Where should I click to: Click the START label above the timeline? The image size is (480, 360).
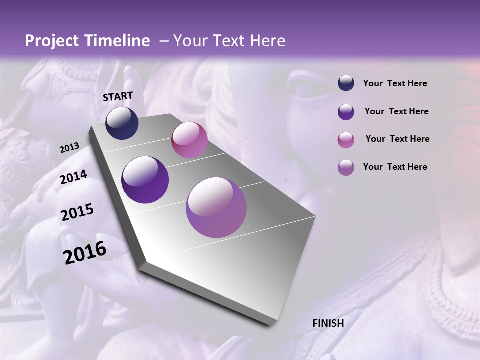pos(118,96)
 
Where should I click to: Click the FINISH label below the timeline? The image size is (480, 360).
pos(328,323)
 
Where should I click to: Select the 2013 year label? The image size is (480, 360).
pos(69,148)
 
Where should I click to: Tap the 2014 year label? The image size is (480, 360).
pos(74,177)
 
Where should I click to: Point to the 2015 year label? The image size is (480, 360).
pos(77,213)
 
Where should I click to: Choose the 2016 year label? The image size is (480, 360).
pos(85,252)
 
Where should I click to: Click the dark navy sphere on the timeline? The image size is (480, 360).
pos(122,123)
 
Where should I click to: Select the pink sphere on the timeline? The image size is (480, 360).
pos(189,140)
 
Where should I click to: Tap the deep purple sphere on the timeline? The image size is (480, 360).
pos(145,180)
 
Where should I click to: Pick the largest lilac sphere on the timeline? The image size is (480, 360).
pos(216,207)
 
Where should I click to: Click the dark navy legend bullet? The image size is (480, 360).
pos(346,83)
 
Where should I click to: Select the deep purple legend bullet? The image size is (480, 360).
pos(346,112)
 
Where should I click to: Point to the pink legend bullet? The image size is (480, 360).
pos(346,140)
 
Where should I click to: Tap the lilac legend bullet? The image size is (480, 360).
pos(346,167)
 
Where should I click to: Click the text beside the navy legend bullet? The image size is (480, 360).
pos(395,84)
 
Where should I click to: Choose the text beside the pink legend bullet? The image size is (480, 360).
pos(397,139)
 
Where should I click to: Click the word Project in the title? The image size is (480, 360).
pos(52,41)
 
